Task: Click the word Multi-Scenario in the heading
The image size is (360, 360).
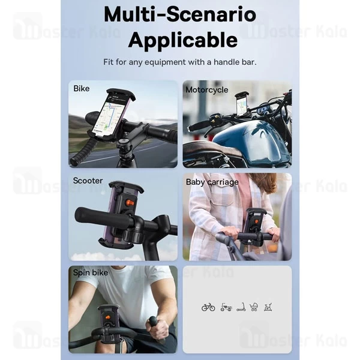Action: pos(180,15)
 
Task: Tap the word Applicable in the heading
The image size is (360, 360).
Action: pos(183,40)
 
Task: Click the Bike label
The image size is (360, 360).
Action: pos(81,89)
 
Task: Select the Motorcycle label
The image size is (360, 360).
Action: pos(206,90)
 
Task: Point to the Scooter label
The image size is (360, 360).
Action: pos(88,181)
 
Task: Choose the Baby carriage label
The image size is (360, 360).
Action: pos(212,182)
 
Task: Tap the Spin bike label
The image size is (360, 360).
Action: pos(91,273)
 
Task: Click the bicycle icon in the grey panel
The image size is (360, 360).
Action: pos(208,307)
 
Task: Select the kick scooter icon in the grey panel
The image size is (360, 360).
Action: pos(241,307)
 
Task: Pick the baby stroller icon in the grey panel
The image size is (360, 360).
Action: pos(254,307)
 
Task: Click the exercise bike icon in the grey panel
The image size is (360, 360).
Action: pos(268,307)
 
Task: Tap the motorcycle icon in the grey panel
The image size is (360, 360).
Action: pos(226,307)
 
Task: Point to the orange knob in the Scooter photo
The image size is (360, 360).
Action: pos(130,203)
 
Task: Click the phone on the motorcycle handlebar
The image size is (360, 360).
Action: pos(242,104)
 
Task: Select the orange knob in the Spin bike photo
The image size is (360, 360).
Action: pos(107,318)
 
